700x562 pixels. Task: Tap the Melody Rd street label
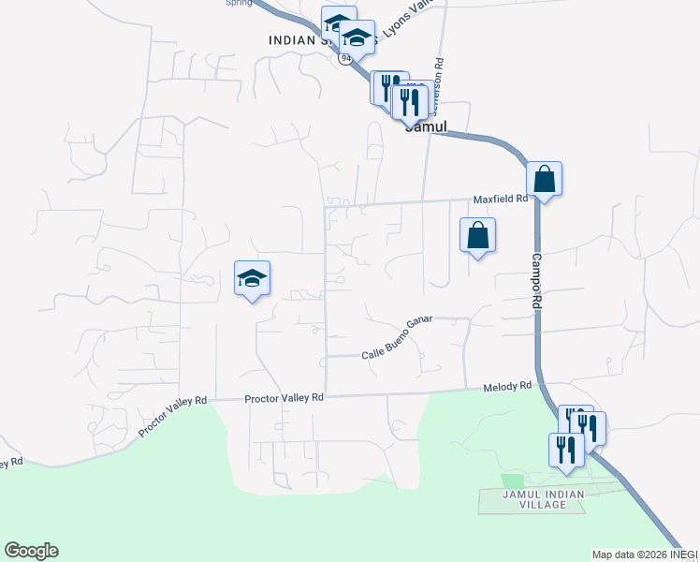[x=507, y=387]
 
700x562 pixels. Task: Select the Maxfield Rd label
[x=501, y=200]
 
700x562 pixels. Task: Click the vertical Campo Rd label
[x=537, y=281]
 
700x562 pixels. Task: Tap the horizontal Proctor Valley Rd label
[x=284, y=398]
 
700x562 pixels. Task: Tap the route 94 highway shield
[x=346, y=58]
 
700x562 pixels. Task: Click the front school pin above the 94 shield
[x=357, y=39]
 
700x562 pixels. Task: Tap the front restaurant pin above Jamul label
[x=409, y=100]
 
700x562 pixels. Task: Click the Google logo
[x=31, y=551]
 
